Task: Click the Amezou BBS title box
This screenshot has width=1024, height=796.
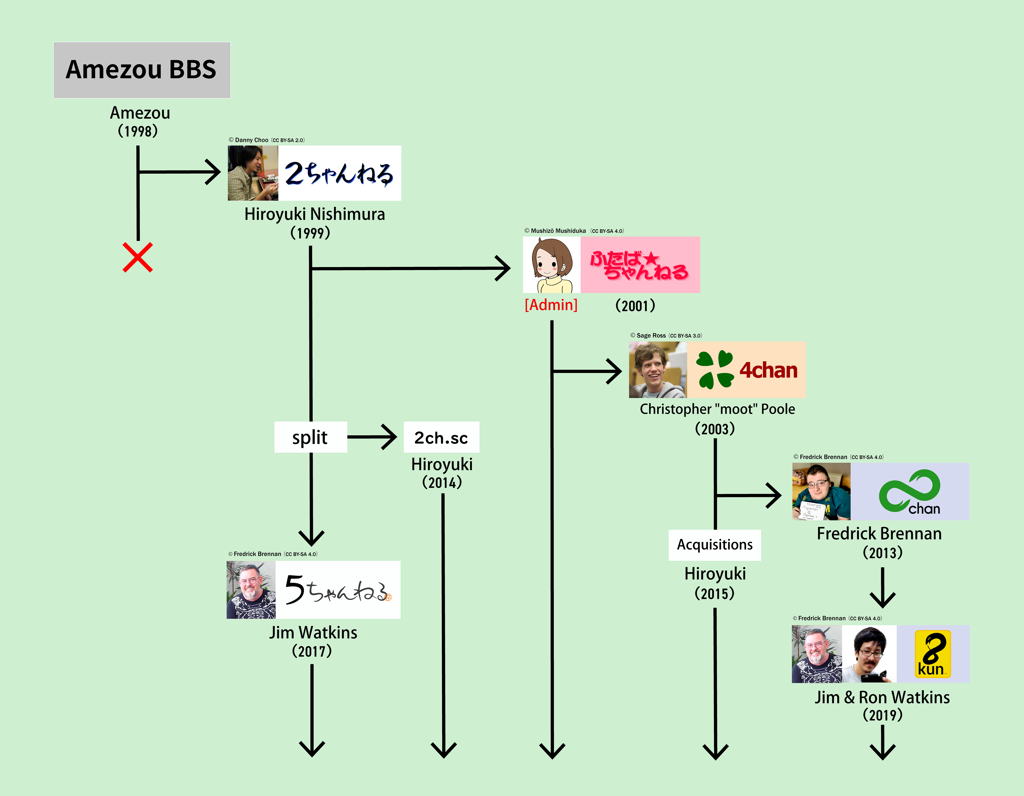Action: point(142,70)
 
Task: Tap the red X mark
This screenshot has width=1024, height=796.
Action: point(137,257)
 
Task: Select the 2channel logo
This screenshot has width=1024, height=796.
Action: point(339,173)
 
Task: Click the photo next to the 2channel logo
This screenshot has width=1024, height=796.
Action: point(253,173)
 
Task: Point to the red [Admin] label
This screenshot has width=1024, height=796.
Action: point(551,305)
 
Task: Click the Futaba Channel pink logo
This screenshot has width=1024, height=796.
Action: point(640,265)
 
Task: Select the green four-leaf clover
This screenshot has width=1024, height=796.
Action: point(715,370)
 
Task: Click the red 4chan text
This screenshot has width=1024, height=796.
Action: point(769,370)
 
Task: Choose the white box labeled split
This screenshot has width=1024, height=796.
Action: point(310,437)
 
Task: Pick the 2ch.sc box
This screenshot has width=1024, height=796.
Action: point(441,437)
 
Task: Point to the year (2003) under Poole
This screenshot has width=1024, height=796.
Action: point(715,429)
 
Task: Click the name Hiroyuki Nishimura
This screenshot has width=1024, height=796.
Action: point(315,214)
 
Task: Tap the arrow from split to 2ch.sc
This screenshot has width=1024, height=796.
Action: point(372,437)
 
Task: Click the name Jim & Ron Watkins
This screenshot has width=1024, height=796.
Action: point(882,697)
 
